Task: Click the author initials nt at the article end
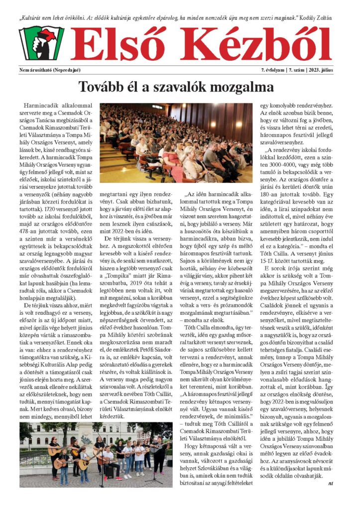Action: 330,483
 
